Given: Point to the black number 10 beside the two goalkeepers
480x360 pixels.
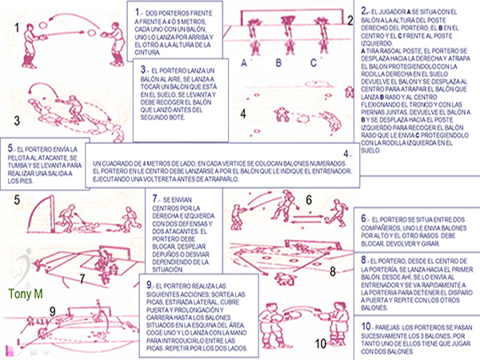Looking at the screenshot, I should coord(321,344).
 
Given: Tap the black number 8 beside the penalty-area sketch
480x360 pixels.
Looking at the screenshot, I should coord(334,272).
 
